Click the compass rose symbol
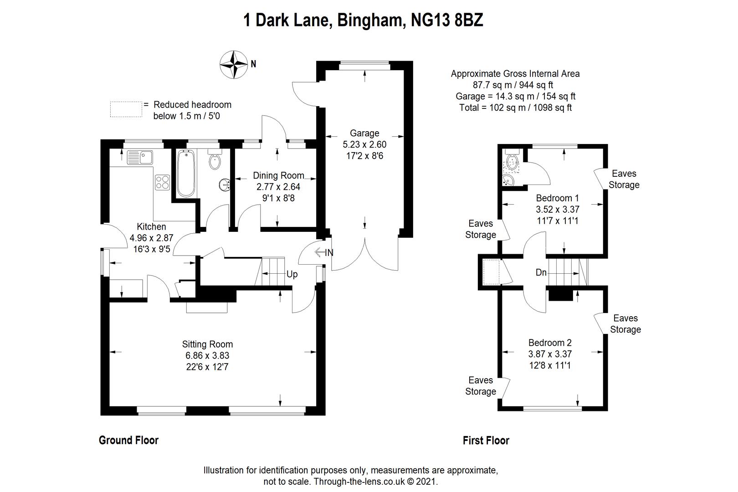pos(234,64)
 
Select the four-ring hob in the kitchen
pos(162,182)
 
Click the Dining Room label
pos(278,175)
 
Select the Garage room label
pos(364,133)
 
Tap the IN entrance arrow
pos(324,252)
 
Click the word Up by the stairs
pos(292,274)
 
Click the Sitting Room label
pos(207,344)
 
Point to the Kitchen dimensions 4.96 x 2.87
pos(151,238)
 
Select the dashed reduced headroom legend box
pos(125,109)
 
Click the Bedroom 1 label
pos(557,198)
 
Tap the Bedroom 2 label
pos(550,343)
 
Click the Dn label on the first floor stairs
pos(541,272)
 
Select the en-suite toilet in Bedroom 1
pos(512,163)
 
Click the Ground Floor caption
pos(128,440)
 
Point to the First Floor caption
pos(486,440)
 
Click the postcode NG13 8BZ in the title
pos(446,20)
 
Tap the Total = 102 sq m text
pos(515,108)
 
